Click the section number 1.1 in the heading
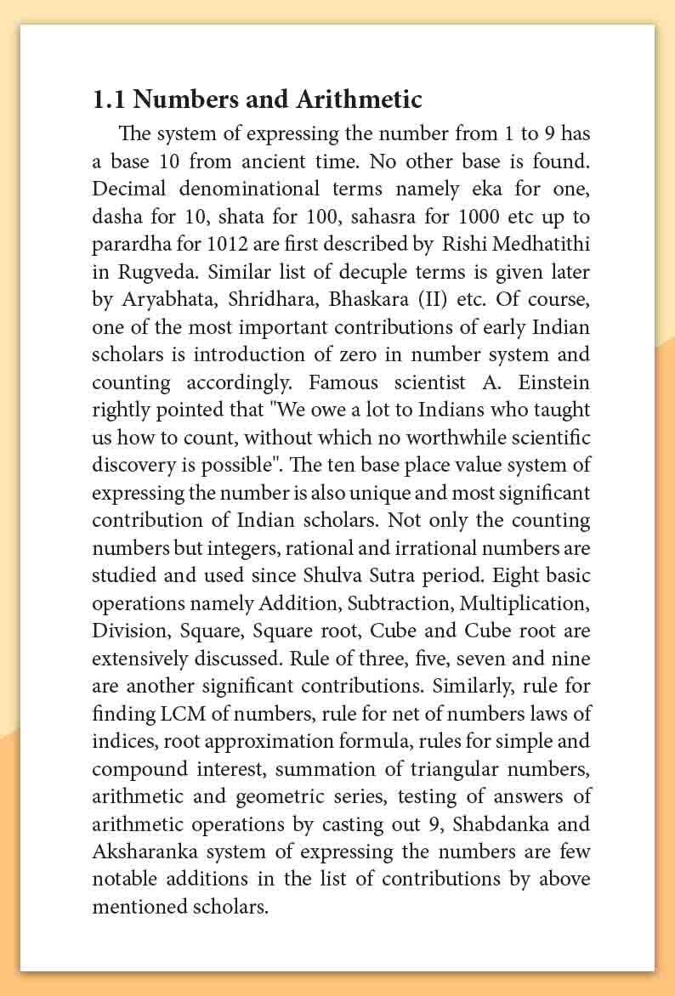[x=109, y=100]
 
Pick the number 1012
[x=227, y=244]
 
